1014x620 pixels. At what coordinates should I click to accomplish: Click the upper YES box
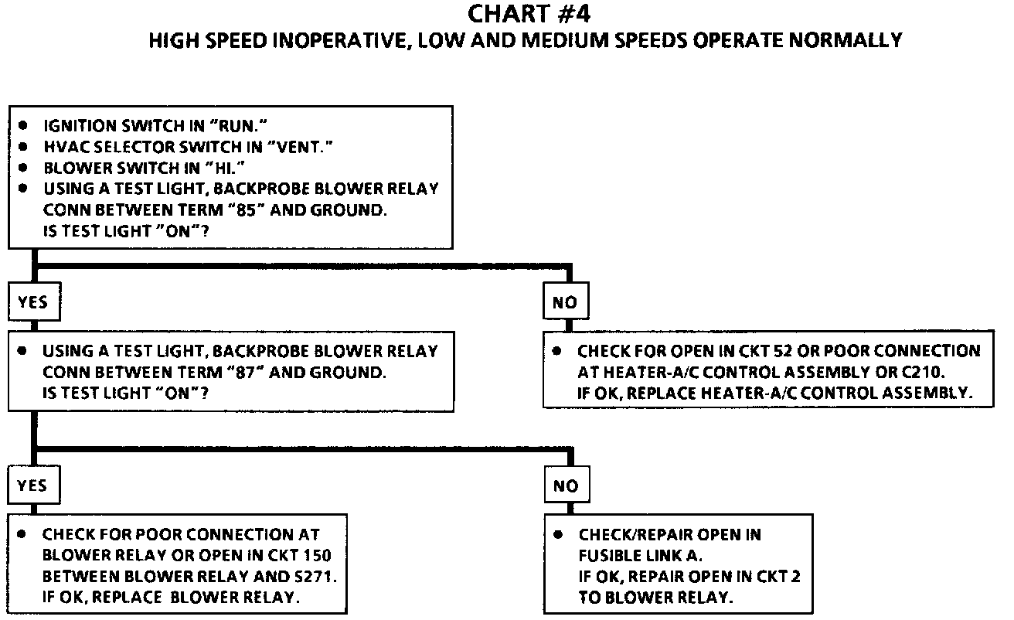[32, 302]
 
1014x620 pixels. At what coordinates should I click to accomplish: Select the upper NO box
[565, 302]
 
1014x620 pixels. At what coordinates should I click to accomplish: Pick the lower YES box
[32, 485]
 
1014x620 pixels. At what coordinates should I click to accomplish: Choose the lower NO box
[565, 486]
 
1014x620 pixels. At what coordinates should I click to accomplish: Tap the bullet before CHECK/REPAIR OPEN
[560, 534]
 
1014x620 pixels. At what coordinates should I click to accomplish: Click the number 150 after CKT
[324, 555]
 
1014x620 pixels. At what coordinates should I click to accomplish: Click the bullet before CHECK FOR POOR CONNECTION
[24, 534]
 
